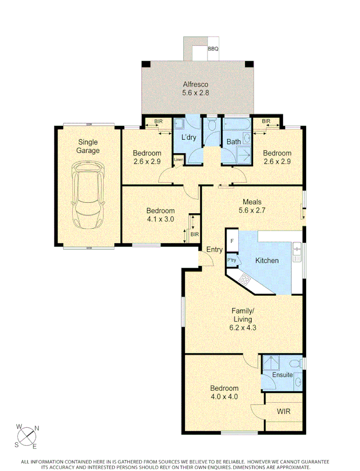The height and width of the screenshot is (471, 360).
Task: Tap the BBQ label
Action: click(213, 49)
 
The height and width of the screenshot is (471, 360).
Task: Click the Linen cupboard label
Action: click(178, 160)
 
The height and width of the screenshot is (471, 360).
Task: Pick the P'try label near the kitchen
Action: click(232, 260)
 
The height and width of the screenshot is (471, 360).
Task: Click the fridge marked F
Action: click(232, 241)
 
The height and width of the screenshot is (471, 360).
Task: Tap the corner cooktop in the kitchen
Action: click(245, 280)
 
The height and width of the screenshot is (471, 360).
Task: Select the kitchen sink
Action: click(296, 250)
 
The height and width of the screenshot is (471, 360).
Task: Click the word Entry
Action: click(214, 250)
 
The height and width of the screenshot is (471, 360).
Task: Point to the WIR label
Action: click(284, 411)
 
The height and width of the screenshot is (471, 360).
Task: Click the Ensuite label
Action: click(283, 375)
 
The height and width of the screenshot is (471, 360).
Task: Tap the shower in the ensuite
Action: click(270, 363)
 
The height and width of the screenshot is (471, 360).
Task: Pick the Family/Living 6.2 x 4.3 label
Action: click(242, 319)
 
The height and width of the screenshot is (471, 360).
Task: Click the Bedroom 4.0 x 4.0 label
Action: click(224, 392)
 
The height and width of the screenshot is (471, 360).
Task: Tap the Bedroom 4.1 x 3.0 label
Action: click(160, 214)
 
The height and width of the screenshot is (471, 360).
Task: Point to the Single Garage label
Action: click(88, 146)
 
